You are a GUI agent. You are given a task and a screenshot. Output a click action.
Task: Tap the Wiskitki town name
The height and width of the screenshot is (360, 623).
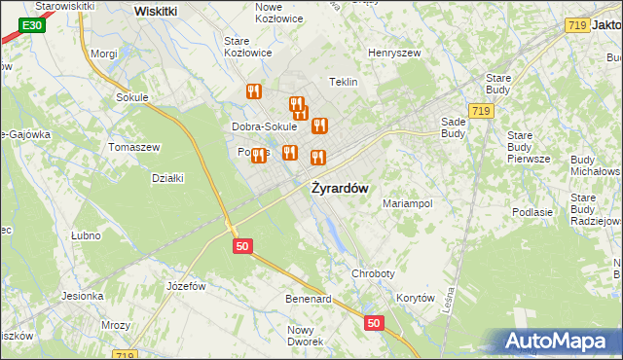pyautogui.click(x=155, y=11)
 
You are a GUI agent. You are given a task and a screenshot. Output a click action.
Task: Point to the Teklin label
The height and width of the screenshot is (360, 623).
pyautogui.click(x=344, y=82)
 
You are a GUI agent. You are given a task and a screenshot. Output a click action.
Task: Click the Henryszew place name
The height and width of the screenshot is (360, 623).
pyautogui.click(x=392, y=52)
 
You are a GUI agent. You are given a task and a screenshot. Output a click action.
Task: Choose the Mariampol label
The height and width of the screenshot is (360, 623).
pyautogui.click(x=407, y=203)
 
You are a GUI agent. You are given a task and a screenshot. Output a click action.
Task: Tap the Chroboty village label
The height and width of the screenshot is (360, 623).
pyautogui.click(x=372, y=275)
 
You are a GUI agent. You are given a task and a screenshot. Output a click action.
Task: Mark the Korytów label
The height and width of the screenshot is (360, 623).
pyautogui.click(x=416, y=299)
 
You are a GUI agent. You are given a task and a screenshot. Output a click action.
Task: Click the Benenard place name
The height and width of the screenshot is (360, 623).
pyautogui.click(x=309, y=299)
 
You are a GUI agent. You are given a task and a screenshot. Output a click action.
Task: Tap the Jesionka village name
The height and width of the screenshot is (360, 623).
pyautogui.click(x=83, y=296)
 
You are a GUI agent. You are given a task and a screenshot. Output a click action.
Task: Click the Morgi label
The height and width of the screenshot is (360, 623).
pyautogui.click(x=103, y=54)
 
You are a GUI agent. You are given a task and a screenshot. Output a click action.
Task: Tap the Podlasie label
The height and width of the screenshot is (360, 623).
pyautogui.click(x=532, y=212)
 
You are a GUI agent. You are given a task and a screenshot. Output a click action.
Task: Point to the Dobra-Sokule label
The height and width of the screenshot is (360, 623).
pyautogui.click(x=264, y=126)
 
